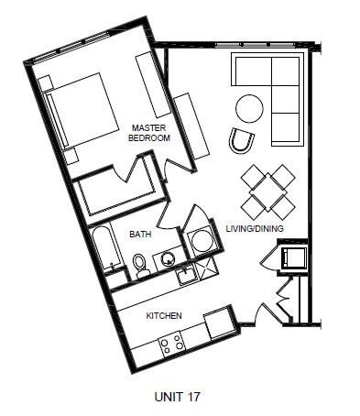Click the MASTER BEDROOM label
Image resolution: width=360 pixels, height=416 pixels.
pyautogui.click(x=149, y=133)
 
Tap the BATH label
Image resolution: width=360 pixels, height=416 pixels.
pyautogui.click(x=140, y=235)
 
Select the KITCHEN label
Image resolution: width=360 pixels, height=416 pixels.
pyautogui.click(x=164, y=315)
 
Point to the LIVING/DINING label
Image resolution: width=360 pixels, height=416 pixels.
pyautogui.click(x=255, y=228)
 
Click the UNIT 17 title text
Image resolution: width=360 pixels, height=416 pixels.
pyautogui.click(x=178, y=397)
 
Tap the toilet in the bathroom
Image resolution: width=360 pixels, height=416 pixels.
pyautogui.click(x=140, y=265)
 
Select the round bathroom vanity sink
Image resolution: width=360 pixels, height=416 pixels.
pyautogui.click(x=167, y=258)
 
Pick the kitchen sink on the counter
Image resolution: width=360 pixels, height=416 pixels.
pyautogui.click(x=186, y=275)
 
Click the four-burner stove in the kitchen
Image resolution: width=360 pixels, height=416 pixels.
pyautogui.click(x=171, y=344)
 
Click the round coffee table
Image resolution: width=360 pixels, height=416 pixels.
pyautogui.click(x=249, y=108)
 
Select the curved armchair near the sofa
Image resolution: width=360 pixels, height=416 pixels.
pyautogui.click(x=241, y=140)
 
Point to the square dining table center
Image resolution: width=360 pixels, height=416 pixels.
pyautogui.click(x=267, y=192)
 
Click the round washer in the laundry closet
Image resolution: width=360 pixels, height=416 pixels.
pyautogui.click(x=200, y=241)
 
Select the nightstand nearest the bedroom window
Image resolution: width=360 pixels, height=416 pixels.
pyautogui.click(x=46, y=83)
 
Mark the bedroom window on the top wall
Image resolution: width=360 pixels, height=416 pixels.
pyautogui.click(x=70, y=46)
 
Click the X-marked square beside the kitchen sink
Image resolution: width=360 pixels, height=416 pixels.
pyautogui.click(x=207, y=270)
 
